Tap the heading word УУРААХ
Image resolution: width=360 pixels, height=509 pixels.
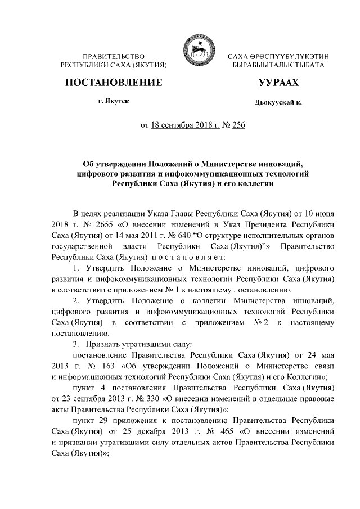coord(278,83)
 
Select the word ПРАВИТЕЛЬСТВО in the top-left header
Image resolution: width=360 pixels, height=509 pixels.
coord(114,57)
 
